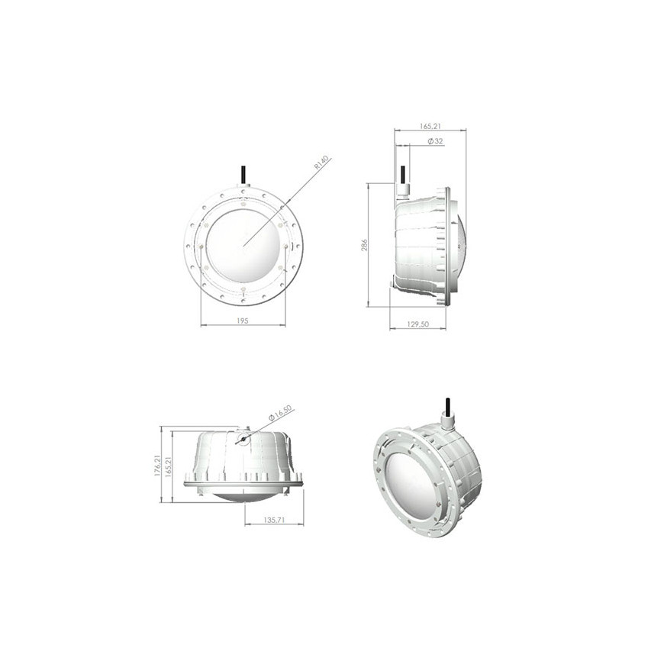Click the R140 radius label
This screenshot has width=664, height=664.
322,163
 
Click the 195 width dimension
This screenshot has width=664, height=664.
243,321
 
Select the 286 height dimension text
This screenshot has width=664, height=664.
364,245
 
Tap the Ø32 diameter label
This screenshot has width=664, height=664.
435,141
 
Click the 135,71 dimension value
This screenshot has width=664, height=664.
274,520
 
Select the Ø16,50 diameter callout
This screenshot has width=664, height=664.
280,412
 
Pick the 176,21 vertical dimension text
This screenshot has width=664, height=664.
156,466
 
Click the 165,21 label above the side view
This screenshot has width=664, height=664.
430,126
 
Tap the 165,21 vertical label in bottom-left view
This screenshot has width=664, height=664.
168,467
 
